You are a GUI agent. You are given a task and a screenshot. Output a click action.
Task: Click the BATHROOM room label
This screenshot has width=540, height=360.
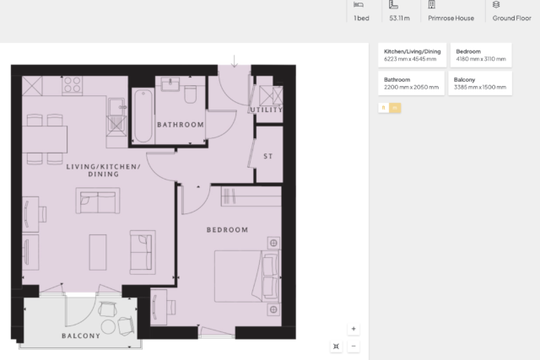[181, 125]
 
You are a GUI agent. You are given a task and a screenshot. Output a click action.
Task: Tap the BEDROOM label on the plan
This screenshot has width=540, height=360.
[227, 230]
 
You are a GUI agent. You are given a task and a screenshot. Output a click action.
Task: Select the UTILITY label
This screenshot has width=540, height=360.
[267, 110]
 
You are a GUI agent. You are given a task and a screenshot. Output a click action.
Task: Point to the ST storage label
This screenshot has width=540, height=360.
[268, 156]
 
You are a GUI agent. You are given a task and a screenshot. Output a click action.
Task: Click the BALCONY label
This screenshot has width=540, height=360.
[81, 336]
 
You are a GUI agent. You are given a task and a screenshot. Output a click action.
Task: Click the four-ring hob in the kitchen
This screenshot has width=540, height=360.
[73, 84]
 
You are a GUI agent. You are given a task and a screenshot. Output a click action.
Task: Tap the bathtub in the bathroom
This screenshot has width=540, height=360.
[143, 116]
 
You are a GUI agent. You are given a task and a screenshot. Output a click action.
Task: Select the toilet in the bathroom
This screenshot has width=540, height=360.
[191, 94]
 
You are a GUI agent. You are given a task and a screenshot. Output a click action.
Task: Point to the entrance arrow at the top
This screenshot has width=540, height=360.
[235, 61]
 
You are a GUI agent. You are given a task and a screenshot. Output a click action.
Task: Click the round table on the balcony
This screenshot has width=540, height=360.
[108, 327]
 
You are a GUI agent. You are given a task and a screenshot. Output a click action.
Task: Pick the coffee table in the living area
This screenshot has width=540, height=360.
[98, 252]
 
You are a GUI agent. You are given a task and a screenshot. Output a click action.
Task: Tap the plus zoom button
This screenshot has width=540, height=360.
[354, 329]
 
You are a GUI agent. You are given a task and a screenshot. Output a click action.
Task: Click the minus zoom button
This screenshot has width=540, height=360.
[354, 346]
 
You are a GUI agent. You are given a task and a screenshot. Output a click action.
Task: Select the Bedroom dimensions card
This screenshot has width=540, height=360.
[481, 55]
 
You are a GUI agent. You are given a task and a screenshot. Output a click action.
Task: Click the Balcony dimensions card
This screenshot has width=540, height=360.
[480, 83]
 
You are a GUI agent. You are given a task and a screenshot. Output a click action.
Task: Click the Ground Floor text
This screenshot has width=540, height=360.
[512, 19]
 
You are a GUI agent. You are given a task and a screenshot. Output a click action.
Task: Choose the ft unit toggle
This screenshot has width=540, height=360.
[384, 108]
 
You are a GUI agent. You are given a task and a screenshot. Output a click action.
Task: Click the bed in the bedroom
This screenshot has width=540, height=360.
[247, 277]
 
